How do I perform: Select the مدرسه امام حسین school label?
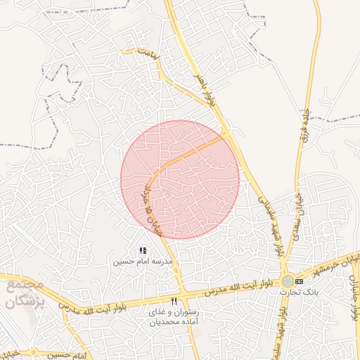(142, 261)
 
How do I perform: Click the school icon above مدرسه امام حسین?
(143, 250)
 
